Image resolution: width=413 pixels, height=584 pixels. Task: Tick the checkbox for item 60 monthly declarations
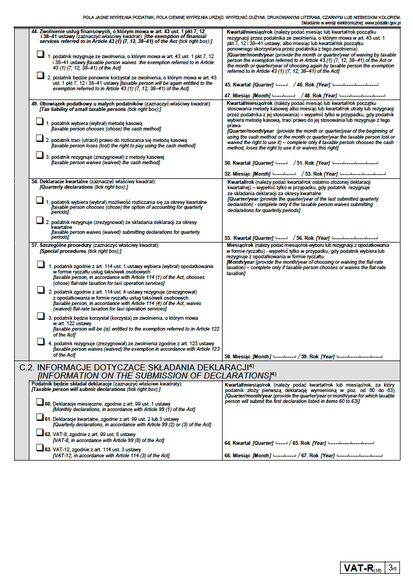tap(39, 402)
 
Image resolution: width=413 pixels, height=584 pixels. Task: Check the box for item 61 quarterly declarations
tap(39, 418)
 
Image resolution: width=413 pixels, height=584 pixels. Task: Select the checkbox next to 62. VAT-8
tap(39, 433)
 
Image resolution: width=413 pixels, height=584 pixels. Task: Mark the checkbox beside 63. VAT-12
tap(39, 448)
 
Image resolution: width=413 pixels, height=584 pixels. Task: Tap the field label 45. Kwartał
tap(237, 85)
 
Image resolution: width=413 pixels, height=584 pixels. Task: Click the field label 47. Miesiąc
tap(238, 95)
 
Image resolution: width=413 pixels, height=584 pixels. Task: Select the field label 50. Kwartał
tap(237, 163)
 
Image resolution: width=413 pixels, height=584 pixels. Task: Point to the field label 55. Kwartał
tap(237, 238)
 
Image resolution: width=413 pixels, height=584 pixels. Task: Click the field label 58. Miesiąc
tap(238, 356)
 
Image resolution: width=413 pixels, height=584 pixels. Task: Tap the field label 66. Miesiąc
tap(238, 455)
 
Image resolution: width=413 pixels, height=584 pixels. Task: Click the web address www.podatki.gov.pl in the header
tap(383, 23)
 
